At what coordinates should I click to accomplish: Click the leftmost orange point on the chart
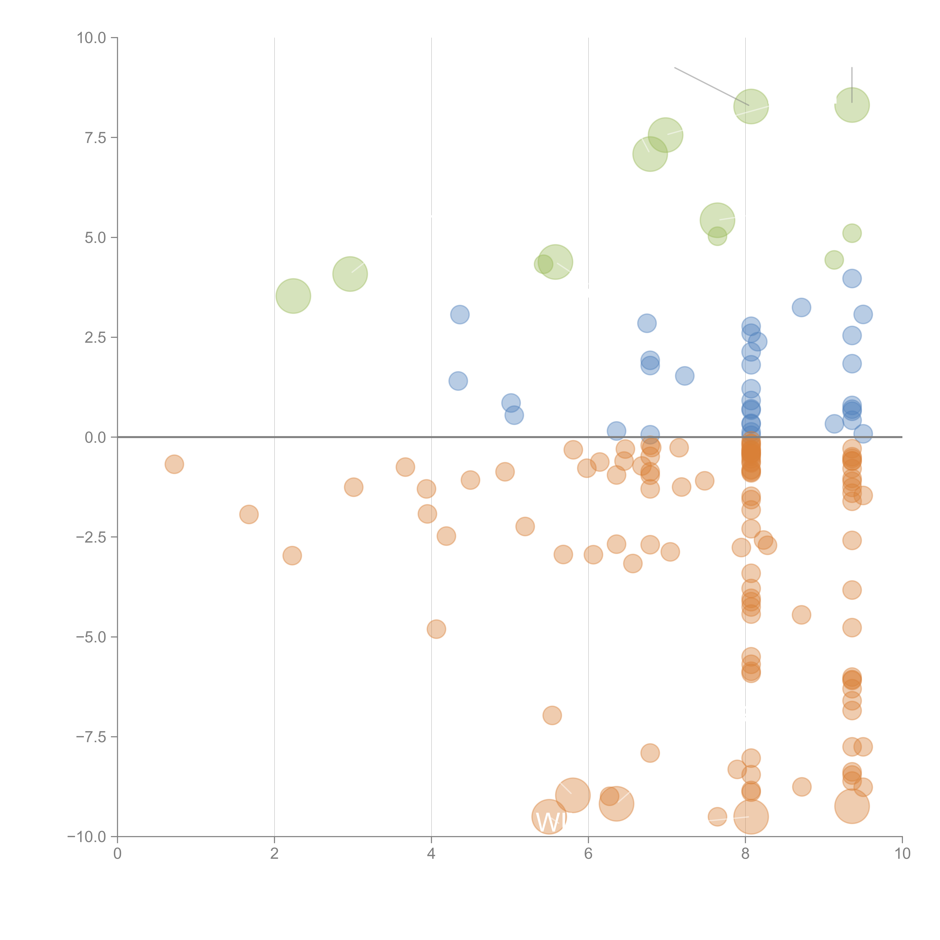174,464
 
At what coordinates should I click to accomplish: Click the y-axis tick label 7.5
95,138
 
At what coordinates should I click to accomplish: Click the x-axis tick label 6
588,853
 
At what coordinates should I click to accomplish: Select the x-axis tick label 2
274,853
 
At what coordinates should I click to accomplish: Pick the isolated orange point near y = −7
552,715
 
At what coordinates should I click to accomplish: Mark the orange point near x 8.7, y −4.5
801,615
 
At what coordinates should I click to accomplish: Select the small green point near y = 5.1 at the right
851,233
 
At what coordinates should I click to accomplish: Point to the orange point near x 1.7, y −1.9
249,514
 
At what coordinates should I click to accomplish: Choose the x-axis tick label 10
902,853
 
